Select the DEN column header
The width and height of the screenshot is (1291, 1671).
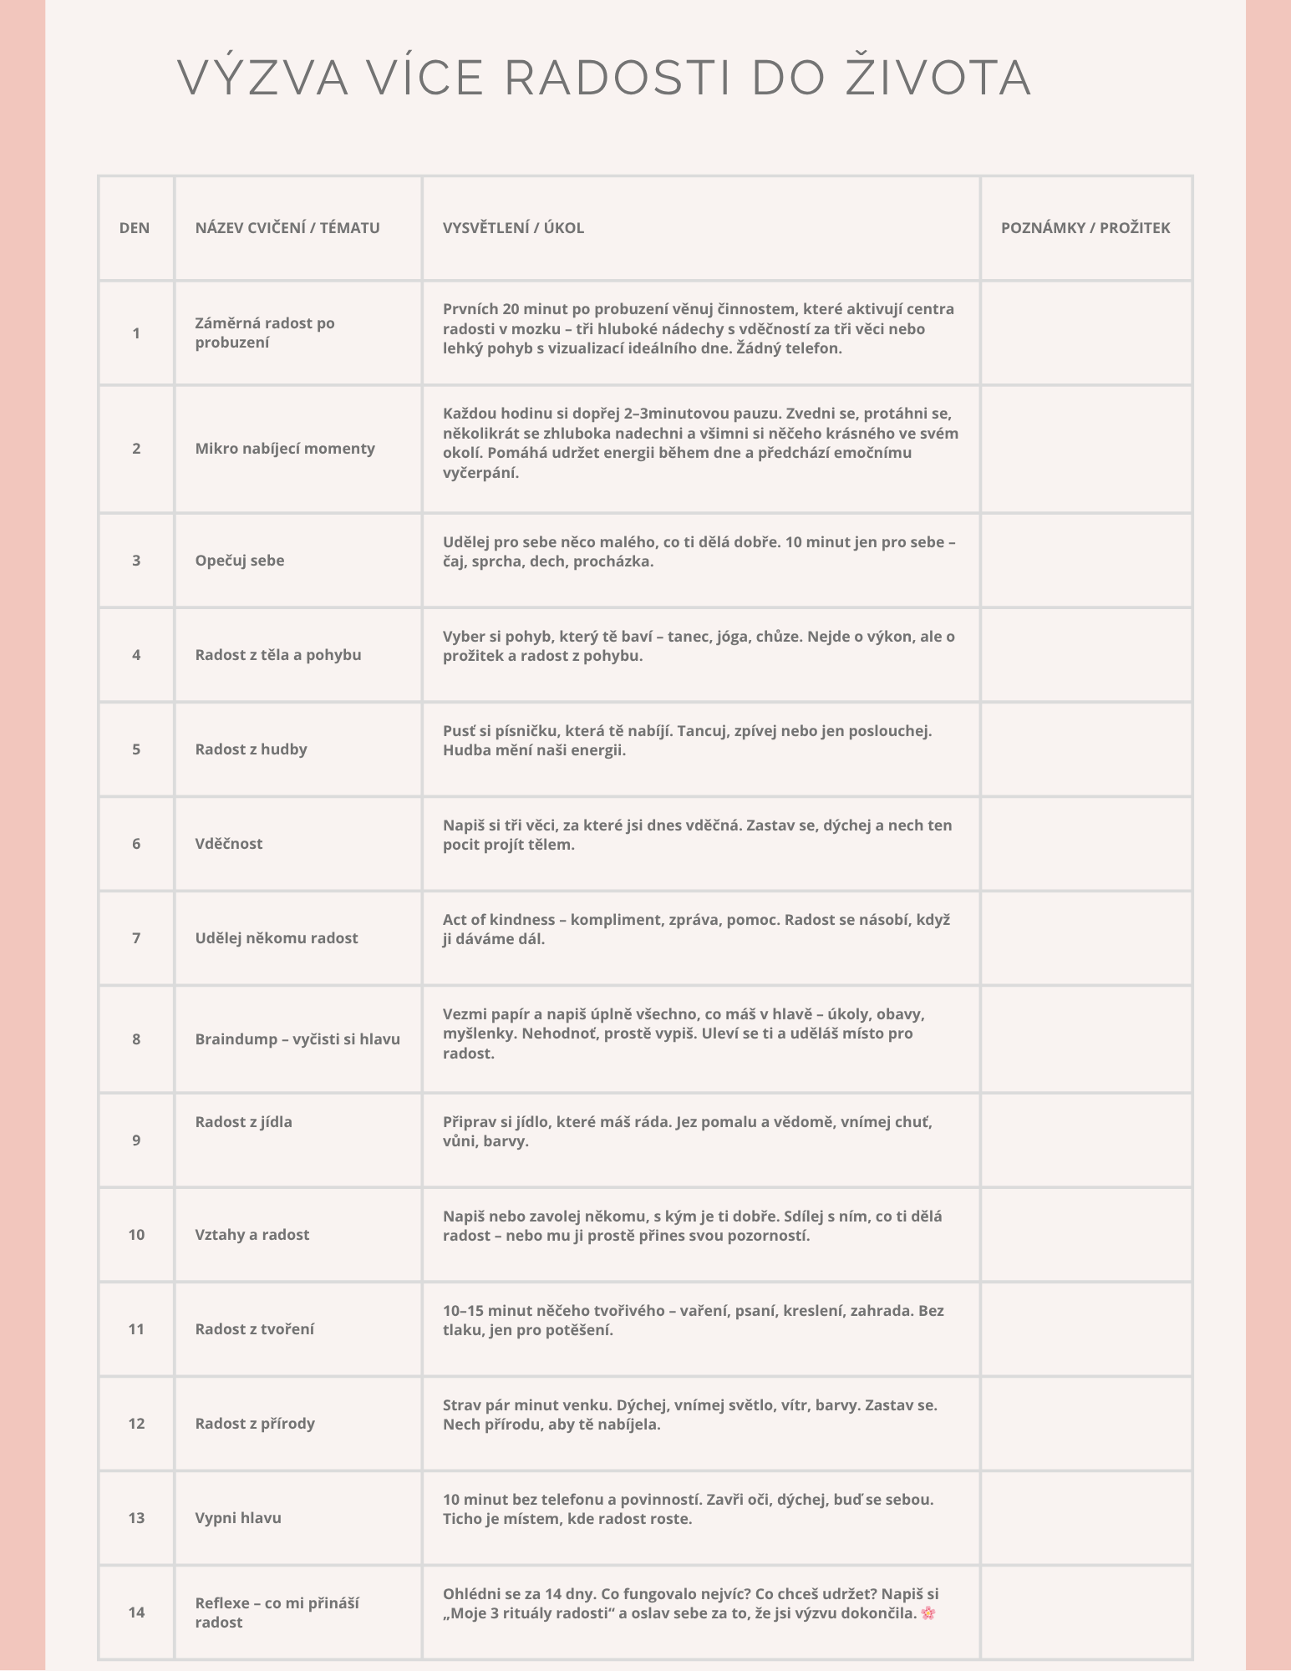[x=135, y=228]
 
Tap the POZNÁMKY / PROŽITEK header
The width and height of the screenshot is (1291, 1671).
[x=1085, y=228]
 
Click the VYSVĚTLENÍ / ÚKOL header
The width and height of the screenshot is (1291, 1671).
[x=513, y=228]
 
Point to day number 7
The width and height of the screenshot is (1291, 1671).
[x=136, y=938]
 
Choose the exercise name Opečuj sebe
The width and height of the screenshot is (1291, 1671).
[x=240, y=561]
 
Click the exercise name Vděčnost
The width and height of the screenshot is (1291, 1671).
[x=229, y=844]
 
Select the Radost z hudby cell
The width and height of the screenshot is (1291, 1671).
[x=252, y=749]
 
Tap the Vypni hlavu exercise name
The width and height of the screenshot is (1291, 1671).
[x=238, y=1518]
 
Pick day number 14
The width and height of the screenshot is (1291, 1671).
[x=136, y=1613]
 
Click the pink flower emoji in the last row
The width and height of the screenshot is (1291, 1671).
[x=928, y=1613]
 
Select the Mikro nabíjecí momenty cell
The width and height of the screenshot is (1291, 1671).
[x=285, y=449]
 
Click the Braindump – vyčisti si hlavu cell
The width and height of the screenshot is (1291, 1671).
[x=297, y=1039]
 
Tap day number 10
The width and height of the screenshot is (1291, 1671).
[x=136, y=1235]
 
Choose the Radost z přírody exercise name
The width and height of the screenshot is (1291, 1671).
[x=255, y=1424]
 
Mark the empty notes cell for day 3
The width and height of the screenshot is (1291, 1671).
[x=1085, y=561]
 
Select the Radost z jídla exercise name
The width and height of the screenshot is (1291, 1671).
[x=244, y=1122]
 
